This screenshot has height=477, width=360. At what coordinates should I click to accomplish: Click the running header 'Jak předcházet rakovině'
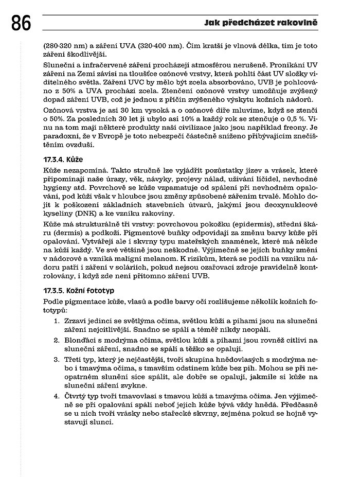(261, 23)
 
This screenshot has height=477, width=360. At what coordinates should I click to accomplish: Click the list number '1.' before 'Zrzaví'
(57, 322)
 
